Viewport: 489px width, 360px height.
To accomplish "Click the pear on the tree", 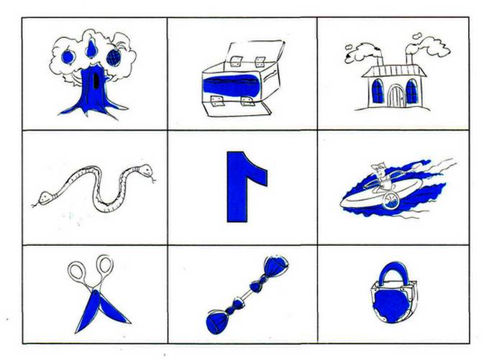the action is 91,49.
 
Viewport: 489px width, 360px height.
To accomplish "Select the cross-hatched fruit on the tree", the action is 114,57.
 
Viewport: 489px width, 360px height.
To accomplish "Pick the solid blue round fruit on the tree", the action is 68,57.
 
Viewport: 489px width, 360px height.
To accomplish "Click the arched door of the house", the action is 396,96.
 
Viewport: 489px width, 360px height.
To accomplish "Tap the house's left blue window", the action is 378,91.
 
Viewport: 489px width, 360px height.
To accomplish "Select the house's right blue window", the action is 411,91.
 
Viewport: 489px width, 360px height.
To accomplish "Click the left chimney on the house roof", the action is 380,57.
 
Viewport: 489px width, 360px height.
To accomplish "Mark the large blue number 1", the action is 247,187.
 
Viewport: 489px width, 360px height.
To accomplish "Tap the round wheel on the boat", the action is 391,201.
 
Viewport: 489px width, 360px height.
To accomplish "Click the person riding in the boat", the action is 383,177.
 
